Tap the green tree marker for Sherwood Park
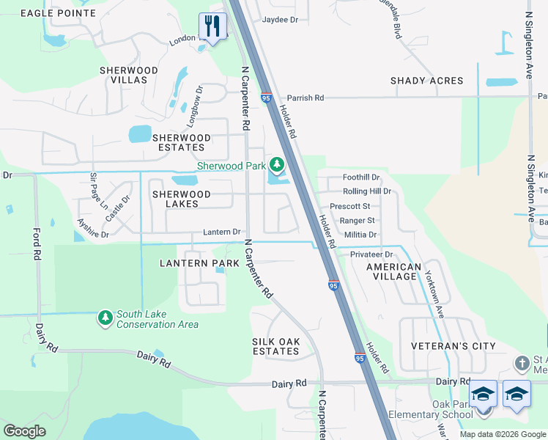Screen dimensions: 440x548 point(277,164)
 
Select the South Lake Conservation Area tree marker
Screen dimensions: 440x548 point(105,317)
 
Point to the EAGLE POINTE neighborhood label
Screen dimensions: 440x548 point(58,13)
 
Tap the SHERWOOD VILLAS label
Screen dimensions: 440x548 point(129,76)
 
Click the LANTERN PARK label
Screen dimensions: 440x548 point(200,263)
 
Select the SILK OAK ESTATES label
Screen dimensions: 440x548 point(275,346)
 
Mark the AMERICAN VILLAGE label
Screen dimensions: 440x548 point(393,272)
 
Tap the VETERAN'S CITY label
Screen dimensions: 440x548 point(453,346)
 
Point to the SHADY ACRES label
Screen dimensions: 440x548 point(426,81)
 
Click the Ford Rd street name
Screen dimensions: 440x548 point(36,244)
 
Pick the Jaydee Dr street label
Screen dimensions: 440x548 point(280,20)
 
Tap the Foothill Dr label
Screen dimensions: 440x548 point(361,177)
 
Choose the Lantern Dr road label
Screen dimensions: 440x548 point(221,232)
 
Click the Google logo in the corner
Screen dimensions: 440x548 point(25,430)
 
